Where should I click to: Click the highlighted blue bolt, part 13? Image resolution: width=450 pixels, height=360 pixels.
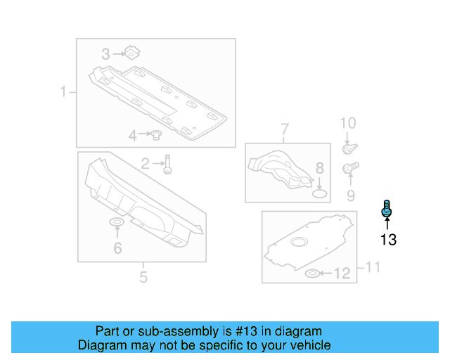coord(386,209)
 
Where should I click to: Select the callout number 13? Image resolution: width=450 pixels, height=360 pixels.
coord(388,240)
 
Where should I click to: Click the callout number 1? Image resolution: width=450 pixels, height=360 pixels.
coord(63,91)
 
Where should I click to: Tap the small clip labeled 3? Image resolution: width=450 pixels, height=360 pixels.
coord(131,52)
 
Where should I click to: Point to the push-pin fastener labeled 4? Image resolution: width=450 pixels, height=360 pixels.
coord(158,134)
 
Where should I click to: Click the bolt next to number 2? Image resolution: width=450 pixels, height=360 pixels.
coord(167,165)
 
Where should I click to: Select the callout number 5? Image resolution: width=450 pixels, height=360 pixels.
coord(143,277)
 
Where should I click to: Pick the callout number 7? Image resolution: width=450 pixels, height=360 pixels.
coord(285,129)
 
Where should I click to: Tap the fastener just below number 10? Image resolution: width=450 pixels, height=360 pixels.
coord(348,148)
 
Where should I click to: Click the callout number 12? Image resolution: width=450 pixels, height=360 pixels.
coord(342,274)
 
